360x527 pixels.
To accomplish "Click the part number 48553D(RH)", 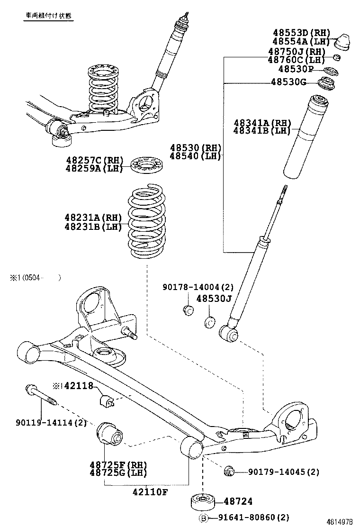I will (x=301, y=33).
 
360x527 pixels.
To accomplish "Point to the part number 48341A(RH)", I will (x=261, y=123).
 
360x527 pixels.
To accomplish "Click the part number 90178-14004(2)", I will (x=198, y=287).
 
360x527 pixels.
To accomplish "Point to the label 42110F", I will (x=150, y=492).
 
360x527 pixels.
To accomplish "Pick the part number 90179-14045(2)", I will (x=277, y=472).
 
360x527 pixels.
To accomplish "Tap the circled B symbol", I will (x=203, y=518).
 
